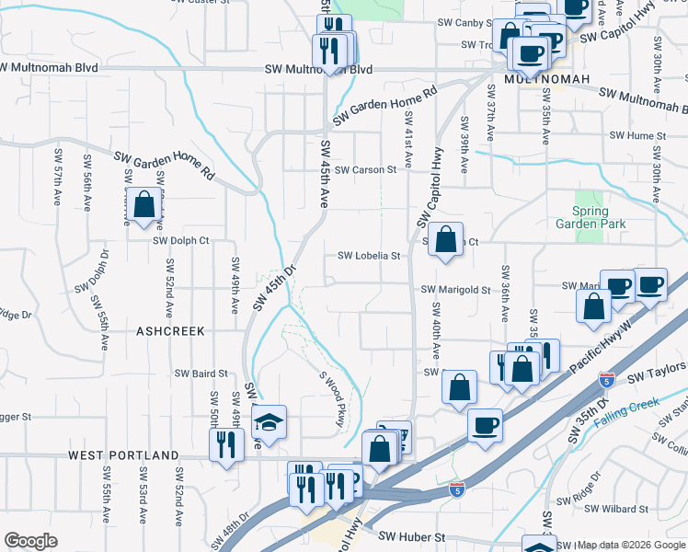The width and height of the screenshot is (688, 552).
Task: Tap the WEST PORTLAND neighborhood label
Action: (121, 455)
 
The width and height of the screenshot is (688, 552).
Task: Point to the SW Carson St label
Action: (365, 169)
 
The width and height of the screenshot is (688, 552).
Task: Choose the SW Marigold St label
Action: (456, 289)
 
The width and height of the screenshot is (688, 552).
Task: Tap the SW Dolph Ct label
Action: (181, 241)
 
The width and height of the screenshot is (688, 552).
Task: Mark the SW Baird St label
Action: (201, 374)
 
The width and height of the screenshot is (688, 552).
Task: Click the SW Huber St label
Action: (412, 536)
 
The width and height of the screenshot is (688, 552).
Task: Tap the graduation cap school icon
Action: (269, 421)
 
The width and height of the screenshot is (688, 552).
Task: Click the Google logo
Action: (31, 540)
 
